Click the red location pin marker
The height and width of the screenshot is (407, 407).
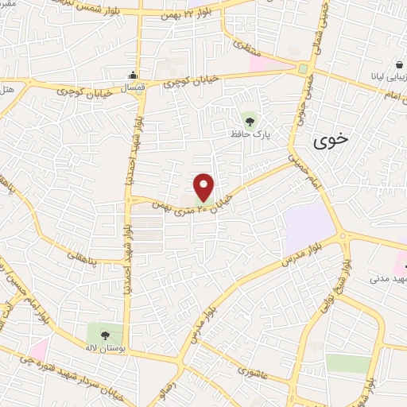point(204,187)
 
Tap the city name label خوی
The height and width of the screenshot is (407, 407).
point(330,141)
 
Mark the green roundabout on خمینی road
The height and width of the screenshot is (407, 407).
point(302,69)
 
